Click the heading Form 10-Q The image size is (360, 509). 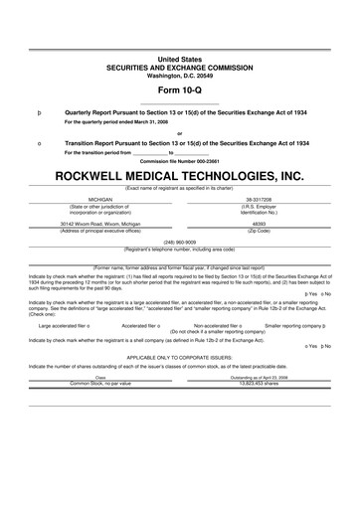(180, 92)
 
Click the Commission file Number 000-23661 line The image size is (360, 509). (180, 160)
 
